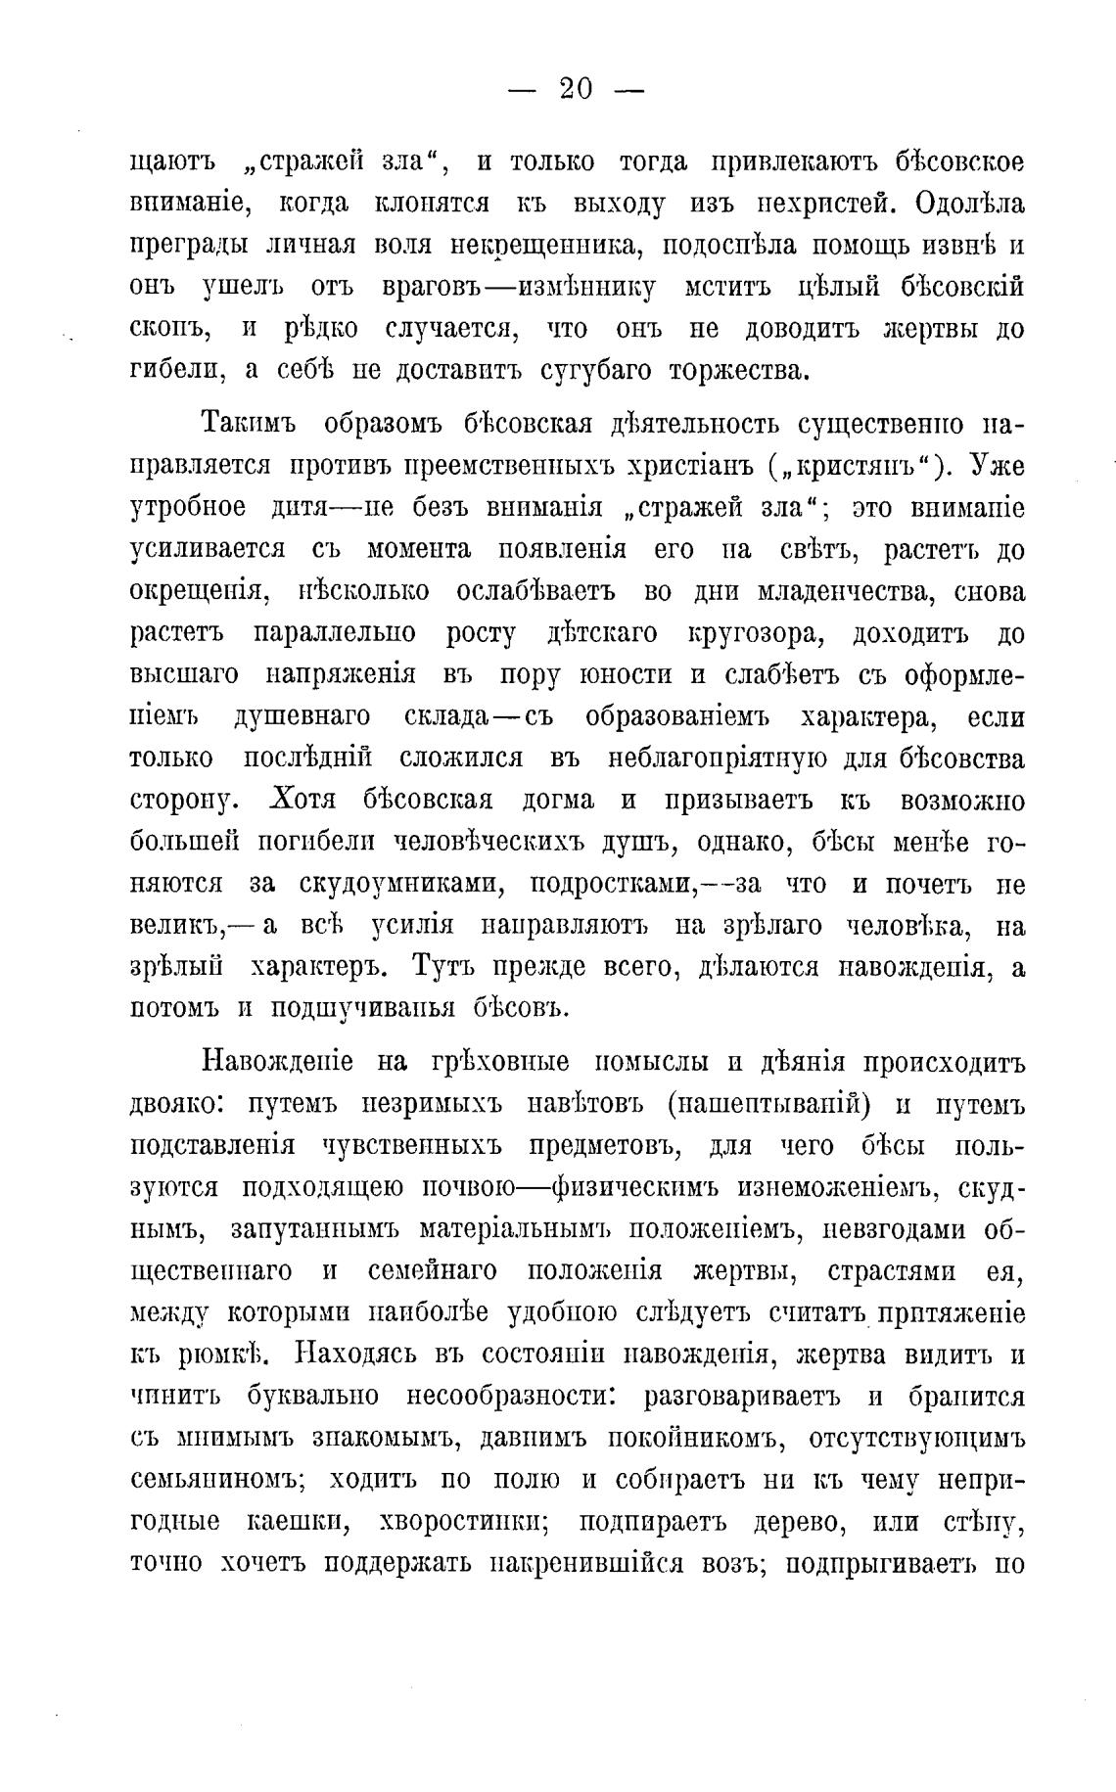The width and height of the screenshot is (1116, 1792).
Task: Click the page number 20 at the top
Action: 577,89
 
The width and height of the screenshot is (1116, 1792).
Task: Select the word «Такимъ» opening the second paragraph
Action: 250,425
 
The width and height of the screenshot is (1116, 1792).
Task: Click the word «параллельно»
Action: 335,635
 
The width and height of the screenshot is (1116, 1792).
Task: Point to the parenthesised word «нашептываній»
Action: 770,1105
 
